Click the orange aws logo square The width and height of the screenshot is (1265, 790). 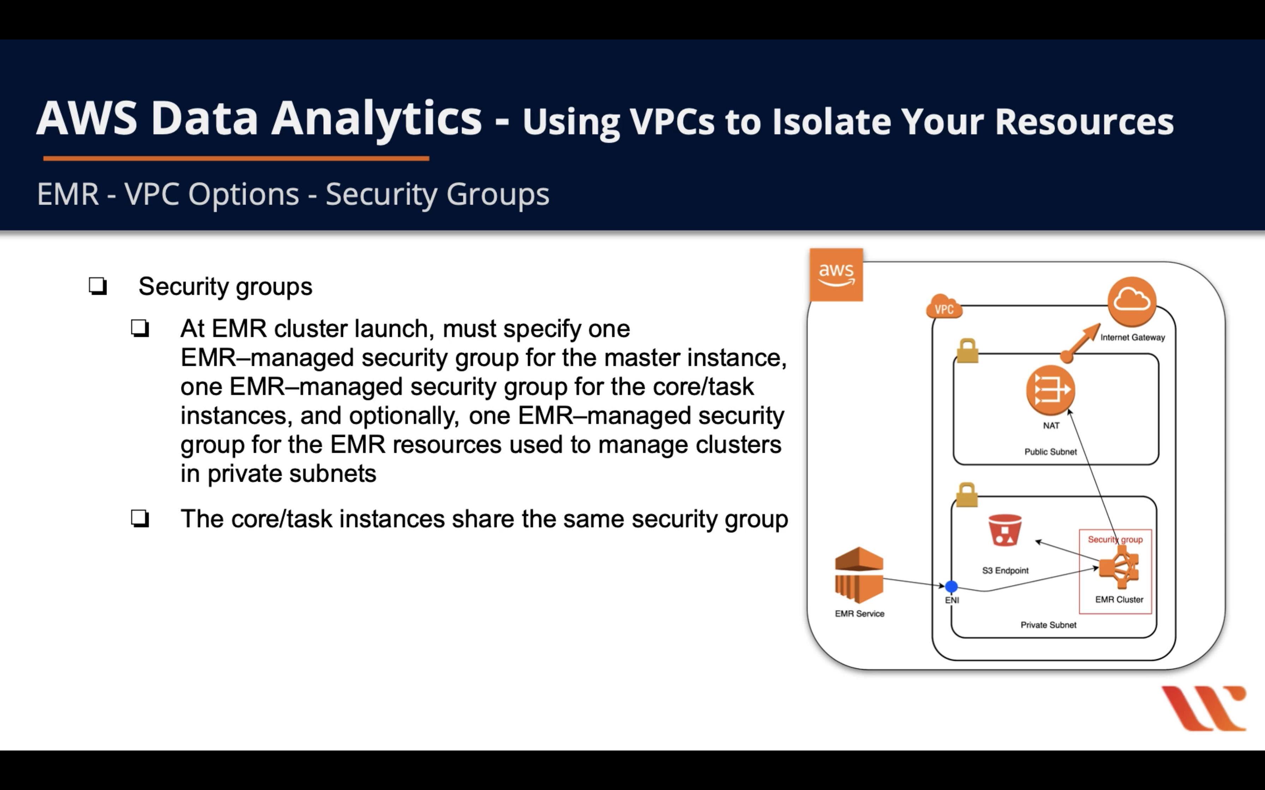click(x=836, y=275)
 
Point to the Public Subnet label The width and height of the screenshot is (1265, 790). click(x=1050, y=452)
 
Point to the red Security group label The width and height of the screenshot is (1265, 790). click(x=1115, y=540)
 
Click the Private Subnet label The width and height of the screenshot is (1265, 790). click(x=1048, y=625)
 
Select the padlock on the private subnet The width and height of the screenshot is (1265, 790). click(x=966, y=495)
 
